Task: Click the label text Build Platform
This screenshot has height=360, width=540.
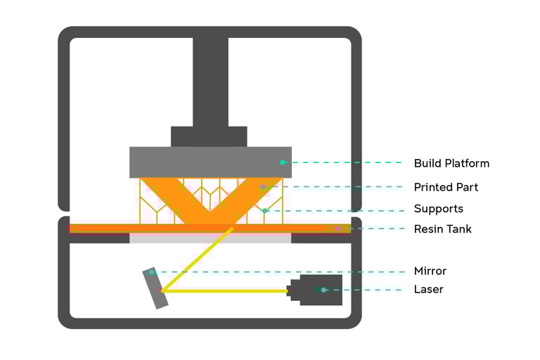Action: tap(451, 163)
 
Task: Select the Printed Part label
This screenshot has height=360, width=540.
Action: tap(446, 187)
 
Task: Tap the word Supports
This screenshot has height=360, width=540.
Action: tap(438, 209)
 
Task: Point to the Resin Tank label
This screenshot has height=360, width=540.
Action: tap(442, 229)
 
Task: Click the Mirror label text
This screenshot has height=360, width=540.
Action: tap(430, 271)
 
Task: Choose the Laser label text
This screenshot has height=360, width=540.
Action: tap(428, 289)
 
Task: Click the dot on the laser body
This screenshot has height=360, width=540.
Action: tap(323, 290)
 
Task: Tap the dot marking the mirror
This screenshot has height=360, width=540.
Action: tap(151, 272)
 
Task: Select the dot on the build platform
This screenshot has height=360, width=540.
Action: tap(283, 162)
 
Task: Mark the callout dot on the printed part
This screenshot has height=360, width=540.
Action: tap(262, 187)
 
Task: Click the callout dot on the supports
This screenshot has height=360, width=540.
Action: tap(264, 210)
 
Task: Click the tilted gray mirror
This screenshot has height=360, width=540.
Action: tap(156, 288)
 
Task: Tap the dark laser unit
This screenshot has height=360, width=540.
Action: tap(320, 290)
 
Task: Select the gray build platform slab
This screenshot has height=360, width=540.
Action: tap(210, 162)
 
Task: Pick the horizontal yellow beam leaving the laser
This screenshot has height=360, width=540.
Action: tap(225, 290)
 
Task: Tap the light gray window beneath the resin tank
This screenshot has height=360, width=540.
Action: tap(210, 238)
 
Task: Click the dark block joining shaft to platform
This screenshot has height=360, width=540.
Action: tap(209, 136)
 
